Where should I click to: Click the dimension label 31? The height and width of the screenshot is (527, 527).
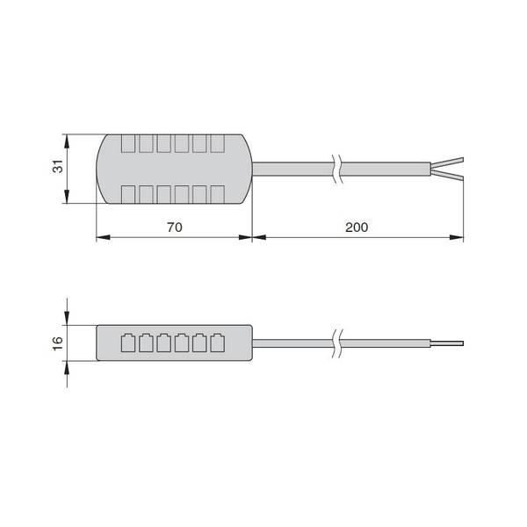(x=58, y=166)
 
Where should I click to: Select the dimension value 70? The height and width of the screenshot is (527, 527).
(x=175, y=227)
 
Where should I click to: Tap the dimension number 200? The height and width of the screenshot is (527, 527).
(x=357, y=227)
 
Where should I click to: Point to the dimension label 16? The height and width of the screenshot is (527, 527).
(x=58, y=343)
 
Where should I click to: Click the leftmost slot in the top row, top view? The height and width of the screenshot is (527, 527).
(x=128, y=143)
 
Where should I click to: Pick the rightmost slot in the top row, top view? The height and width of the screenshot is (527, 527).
(x=218, y=143)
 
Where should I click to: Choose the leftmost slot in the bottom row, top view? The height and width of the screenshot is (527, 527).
(x=128, y=194)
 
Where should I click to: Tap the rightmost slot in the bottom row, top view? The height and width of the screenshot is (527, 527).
(x=218, y=194)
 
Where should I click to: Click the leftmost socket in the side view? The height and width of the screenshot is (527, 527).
(x=128, y=343)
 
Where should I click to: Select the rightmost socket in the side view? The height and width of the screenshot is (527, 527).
(x=218, y=343)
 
